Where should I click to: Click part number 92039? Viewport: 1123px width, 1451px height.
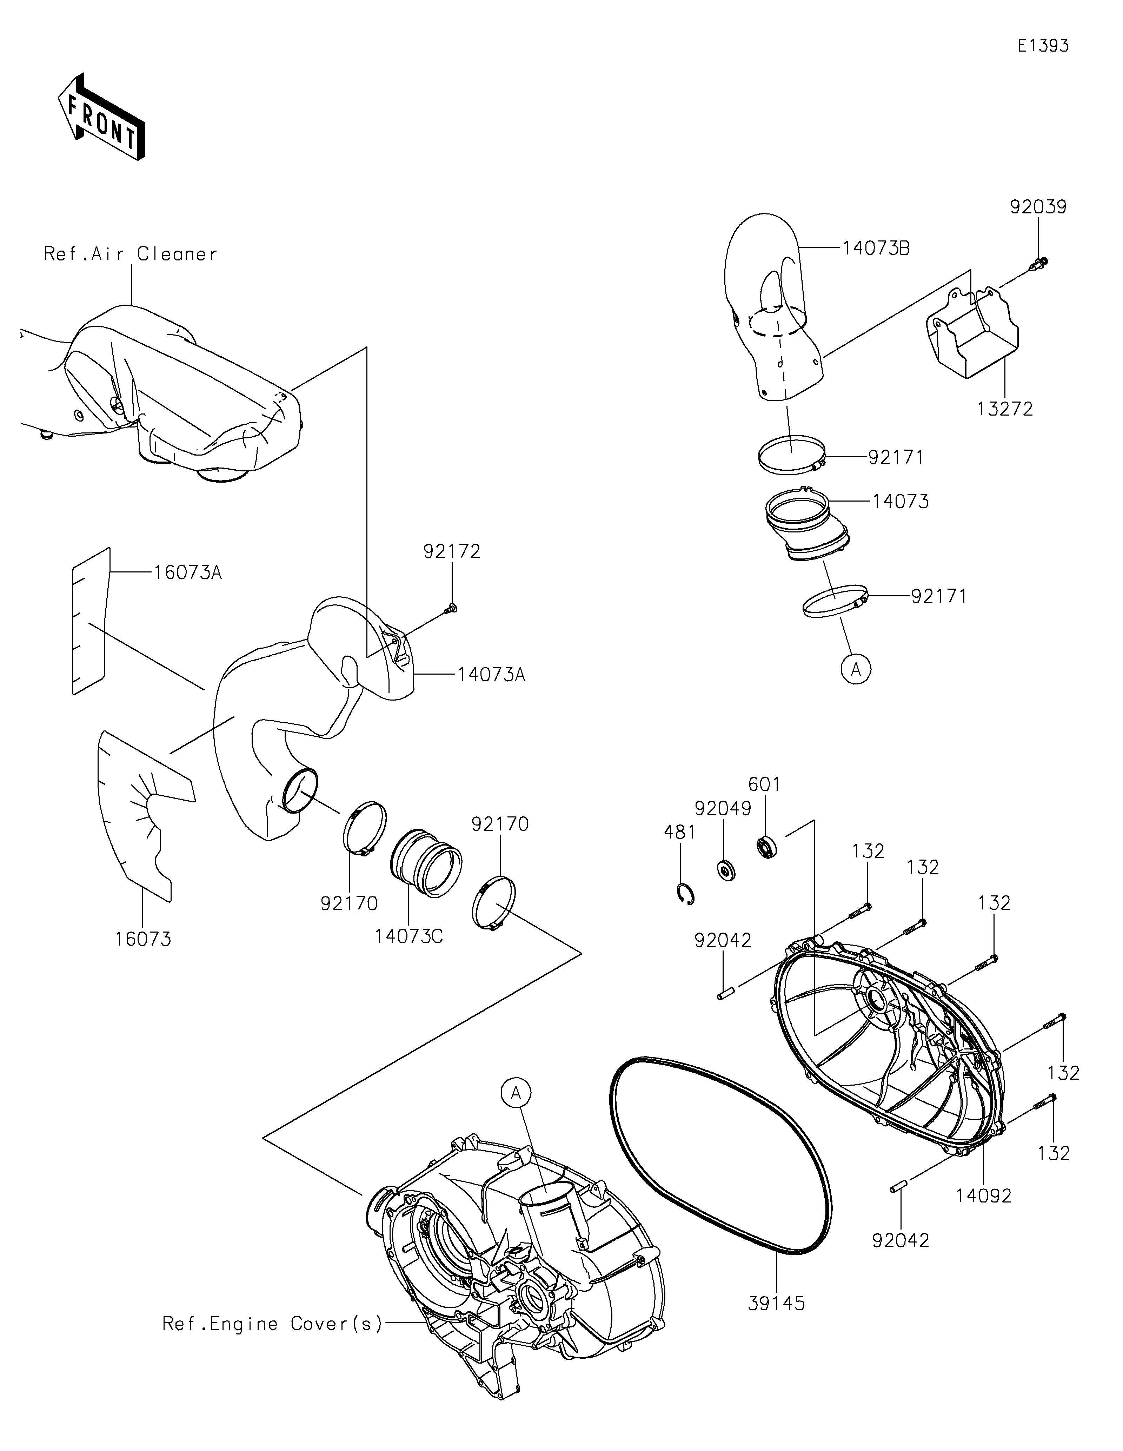tap(1038, 207)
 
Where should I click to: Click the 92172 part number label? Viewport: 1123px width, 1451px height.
tap(452, 551)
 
